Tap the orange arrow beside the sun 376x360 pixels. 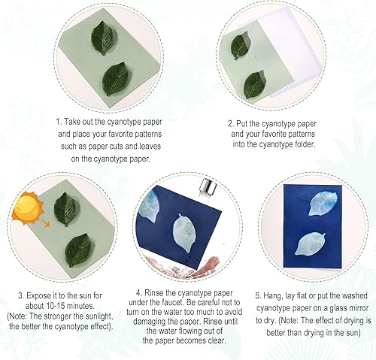coord(46,223)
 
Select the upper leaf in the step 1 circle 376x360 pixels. coord(102,38)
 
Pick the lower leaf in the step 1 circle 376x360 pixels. coord(115,79)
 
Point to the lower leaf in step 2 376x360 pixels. coord(254,84)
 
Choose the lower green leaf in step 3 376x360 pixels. coord(78,250)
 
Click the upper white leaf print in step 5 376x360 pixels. coord(322,204)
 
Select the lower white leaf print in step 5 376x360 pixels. coord(310,244)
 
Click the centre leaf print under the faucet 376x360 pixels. coord(185,233)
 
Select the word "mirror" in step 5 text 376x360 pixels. coord(357,308)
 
